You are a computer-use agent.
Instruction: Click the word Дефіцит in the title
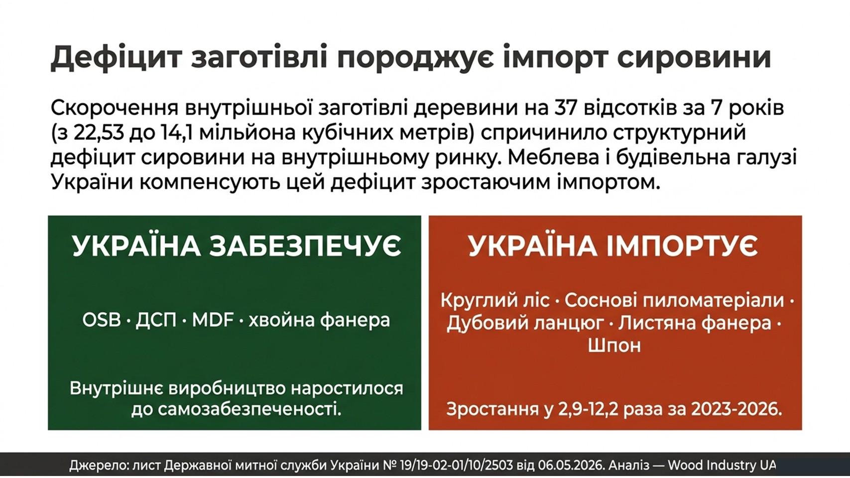pyautogui.click(x=117, y=58)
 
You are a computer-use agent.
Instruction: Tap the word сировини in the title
pyautogui.click(x=695, y=58)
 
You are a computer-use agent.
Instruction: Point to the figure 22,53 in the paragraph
pyautogui.click(x=98, y=133)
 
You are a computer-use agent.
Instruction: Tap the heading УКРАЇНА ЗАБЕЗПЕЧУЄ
pyautogui.click(x=237, y=246)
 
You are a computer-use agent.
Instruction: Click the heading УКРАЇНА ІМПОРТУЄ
pyautogui.click(x=613, y=246)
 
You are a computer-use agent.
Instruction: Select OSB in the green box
pyautogui.click(x=101, y=321)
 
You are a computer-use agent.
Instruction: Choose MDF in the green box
pyautogui.click(x=213, y=321)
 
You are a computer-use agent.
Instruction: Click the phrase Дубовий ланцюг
pyautogui.click(x=525, y=323)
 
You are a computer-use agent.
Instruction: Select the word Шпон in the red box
pyautogui.click(x=614, y=345)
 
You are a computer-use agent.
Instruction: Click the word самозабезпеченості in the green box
pyautogui.click(x=249, y=409)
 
